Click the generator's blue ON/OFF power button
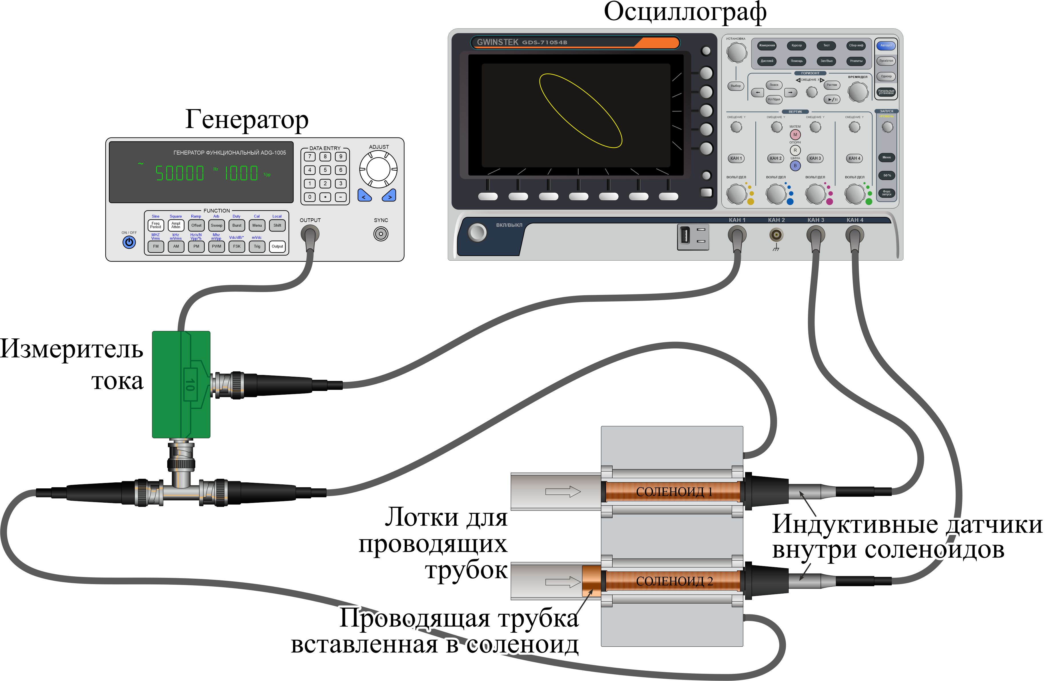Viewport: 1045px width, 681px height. (129, 242)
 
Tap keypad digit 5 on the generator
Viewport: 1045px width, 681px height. (325, 170)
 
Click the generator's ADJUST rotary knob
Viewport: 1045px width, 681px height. (378, 169)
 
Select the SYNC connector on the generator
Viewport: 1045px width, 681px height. (381, 234)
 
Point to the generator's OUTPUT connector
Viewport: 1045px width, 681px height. (310, 234)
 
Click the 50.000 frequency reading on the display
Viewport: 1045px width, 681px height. (180, 173)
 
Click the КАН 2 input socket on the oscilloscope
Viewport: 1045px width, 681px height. (776, 235)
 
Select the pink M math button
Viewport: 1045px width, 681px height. (795, 134)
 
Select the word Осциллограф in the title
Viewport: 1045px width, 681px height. (685, 12)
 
